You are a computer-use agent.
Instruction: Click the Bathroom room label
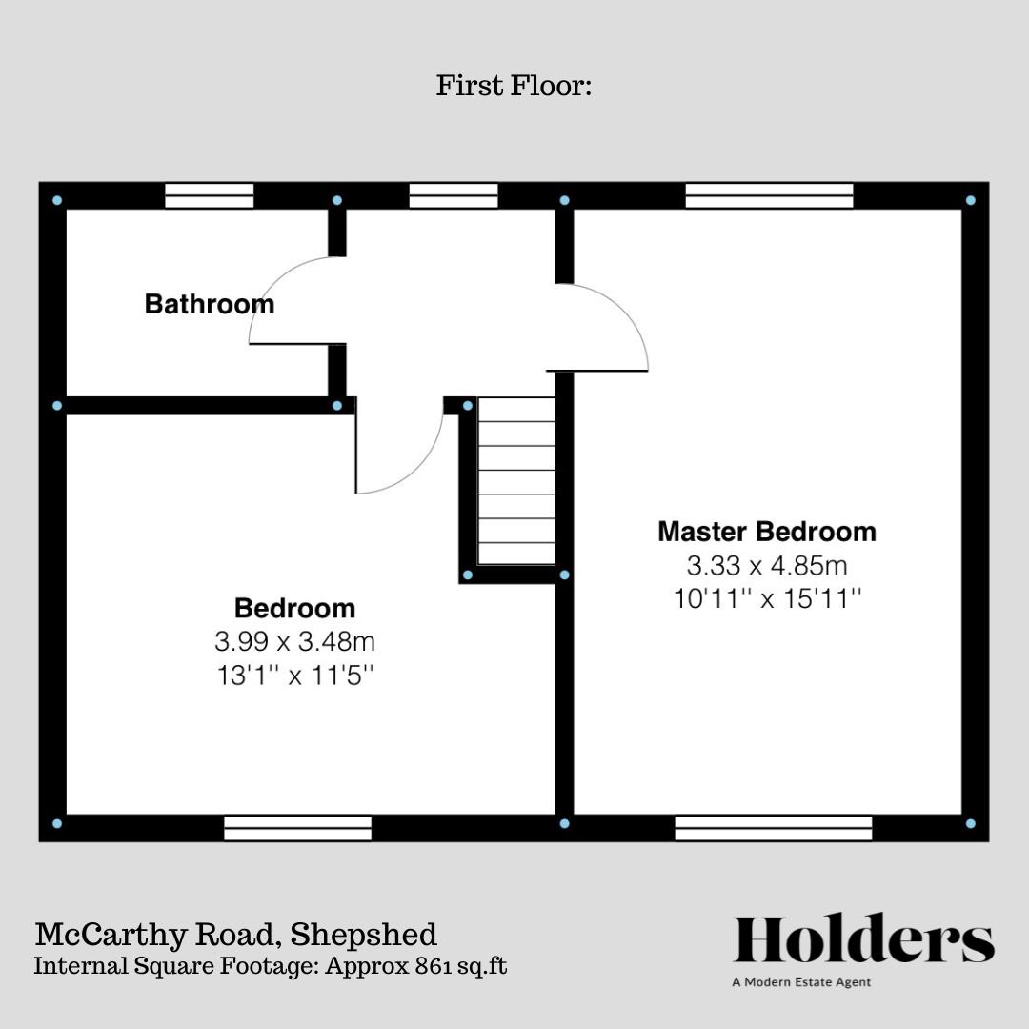click(x=209, y=304)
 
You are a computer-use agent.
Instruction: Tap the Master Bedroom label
click(x=766, y=531)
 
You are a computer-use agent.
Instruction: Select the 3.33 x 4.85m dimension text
click(x=766, y=566)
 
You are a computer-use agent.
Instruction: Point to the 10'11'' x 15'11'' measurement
click(x=766, y=600)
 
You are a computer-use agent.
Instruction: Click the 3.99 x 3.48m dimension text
click(x=294, y=641)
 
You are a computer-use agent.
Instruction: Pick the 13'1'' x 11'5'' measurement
click(x=294, y=676)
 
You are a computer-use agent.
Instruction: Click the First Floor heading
click(x=514, y=86)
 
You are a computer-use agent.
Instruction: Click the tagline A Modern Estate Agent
click(x=801, y=982)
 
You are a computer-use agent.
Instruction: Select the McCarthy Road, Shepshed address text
click(x=235, y=934)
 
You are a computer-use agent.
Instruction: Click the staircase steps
click(x=516, y=481)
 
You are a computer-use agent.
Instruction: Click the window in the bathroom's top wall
click(x=209, y=196)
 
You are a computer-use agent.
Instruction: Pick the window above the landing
click(x=453, y=196)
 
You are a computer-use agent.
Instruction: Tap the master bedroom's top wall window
click(x=769, y=196)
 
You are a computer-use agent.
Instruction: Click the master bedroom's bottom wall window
click(x=773, y=828)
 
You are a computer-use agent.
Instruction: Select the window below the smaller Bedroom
click(x=297, y=828)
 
